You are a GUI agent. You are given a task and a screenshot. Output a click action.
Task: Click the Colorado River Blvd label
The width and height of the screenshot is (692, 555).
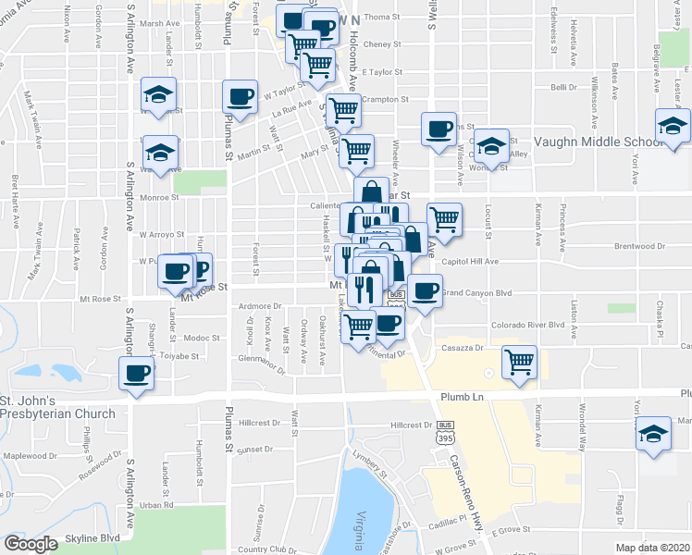pyautogui.click(x=527, y=325)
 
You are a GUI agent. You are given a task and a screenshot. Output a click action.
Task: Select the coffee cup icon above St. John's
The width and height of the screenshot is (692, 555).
pyautogui.click(x=137, y=373)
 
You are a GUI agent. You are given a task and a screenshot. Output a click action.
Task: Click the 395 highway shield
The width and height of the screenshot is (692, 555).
pyautogui.click(x=443, y=440)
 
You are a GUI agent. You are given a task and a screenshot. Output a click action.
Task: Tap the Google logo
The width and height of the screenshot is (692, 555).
pyautogui.click(x=31, y=544)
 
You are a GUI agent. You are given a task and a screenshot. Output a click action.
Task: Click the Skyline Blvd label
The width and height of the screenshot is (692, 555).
pyautogui.click(x=93, y=538)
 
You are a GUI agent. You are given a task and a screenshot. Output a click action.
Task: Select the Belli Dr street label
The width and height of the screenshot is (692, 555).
pyautogui.click(x=563, y=87)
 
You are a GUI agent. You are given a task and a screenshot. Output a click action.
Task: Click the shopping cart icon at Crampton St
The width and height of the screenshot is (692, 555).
pyautogui.click(x=343, y=109)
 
